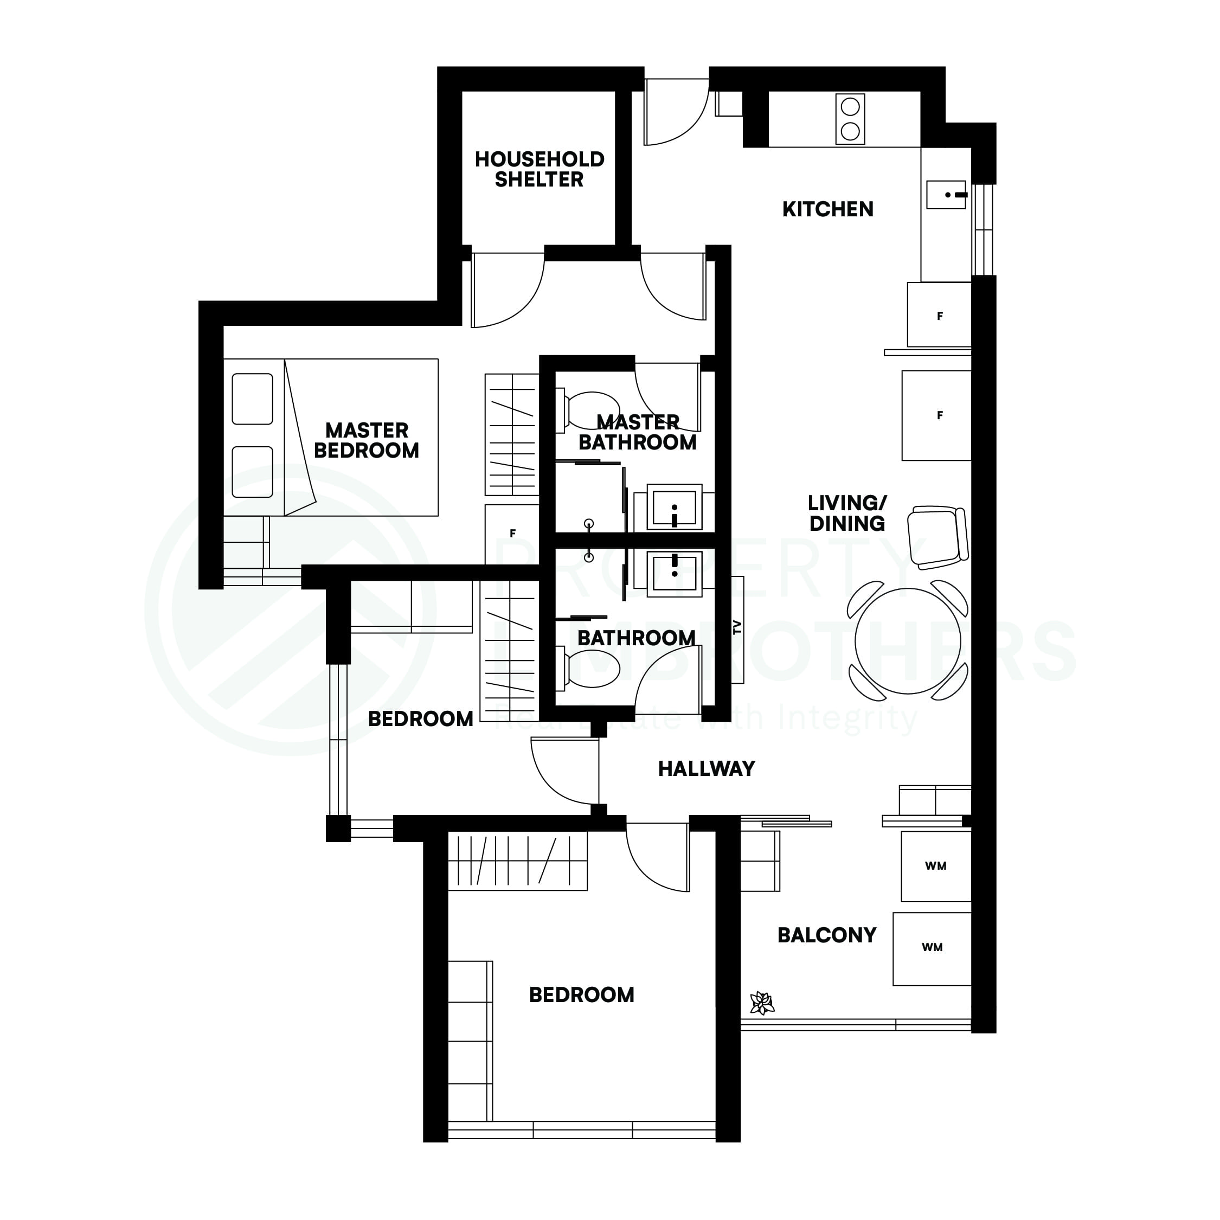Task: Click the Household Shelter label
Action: pos(540,169)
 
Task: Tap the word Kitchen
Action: pos(827,209)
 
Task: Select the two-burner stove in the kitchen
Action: pos(850,119)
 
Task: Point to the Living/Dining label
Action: pos(847,513)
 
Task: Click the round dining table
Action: pos(908,640)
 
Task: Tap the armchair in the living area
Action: pos(936,536)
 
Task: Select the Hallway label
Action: pos(706,768)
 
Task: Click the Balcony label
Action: pos(826,935)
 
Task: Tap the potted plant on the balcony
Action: pos(762,1003)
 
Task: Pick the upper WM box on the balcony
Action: pos(935,866)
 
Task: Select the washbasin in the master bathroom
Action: pos(675,506)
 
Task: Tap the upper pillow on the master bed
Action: pos(252,399)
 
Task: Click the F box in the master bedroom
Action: pos(512,534)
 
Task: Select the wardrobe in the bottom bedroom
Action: pos(517,861)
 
